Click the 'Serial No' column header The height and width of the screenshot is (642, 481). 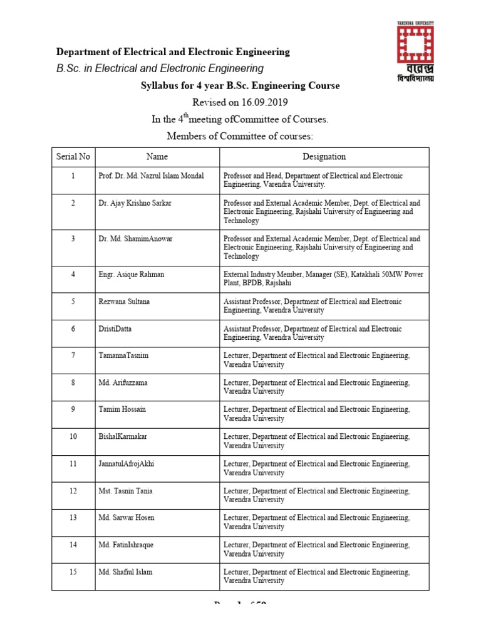tap(73, 157)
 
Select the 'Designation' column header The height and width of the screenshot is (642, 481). tap(324, 157)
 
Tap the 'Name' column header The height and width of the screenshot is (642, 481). tap(157, 157)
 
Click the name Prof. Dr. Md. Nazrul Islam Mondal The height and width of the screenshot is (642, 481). tap(151, 176)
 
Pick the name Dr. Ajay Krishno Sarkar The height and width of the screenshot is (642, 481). tap(134, 203)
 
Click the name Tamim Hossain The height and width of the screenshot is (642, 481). tap(122, 409)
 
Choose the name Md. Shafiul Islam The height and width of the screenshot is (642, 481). tap(125, 572)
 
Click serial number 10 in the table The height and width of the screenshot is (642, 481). tap(73, 436)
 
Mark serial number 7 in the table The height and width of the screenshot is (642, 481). tap(73, 355)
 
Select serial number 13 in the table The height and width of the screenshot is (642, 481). tap(73, 518)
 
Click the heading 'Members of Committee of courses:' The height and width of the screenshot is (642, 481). tap(240, 136)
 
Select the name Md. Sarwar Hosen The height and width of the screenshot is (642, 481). tap(127, 518)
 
